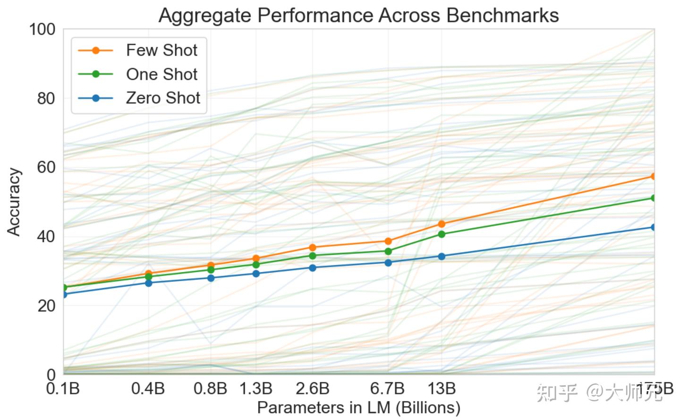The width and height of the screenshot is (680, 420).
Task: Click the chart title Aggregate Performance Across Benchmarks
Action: (x=358, y=15)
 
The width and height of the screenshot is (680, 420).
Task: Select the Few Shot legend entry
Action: (x=161, y=50)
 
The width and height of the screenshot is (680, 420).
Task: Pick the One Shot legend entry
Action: (x=161, y=74)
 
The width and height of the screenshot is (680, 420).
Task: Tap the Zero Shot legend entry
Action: (x=162, y=98)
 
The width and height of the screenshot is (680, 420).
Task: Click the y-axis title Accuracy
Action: (x=14, y=202)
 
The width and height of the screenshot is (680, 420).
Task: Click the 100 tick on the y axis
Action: (x=42, y=29)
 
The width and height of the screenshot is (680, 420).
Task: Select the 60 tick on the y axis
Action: (x=46, y=167)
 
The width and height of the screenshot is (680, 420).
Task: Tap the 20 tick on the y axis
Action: (x=46, y=306)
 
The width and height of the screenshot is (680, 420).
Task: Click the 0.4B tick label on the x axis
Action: (x=148, y=389)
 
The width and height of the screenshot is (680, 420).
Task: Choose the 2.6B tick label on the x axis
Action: (x=313, y=389)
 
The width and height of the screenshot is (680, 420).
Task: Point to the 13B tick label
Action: (x=442, y=389)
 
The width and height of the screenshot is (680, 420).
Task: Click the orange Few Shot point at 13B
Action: (x=442, y=224)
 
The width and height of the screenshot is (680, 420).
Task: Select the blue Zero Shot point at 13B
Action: (x=442, y=257)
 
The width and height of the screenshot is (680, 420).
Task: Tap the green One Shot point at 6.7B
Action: (x=388, y=251)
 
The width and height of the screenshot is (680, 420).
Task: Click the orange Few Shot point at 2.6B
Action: (x=313, y=248)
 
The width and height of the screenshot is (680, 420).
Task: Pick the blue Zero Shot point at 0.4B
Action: (x=148, y=283)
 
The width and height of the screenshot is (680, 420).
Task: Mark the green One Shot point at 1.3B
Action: (x=256, y=265)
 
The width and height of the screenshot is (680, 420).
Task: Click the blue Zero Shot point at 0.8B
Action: (x=211, y=278)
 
